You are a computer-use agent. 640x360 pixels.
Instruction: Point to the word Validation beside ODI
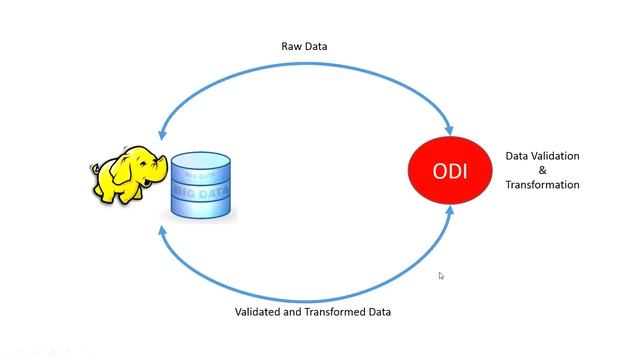554,156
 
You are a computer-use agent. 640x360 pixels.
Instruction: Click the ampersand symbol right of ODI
542,170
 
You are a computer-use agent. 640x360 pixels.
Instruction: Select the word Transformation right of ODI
542,185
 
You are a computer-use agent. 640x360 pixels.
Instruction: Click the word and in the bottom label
295,312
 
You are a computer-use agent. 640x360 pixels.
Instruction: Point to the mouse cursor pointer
441,276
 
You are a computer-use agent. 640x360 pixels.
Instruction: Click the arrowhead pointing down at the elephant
163,133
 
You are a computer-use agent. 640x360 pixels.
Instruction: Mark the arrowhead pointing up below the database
163,229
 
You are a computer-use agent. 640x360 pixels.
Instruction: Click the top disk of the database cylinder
200,160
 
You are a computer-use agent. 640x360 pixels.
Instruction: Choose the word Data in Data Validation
517,156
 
